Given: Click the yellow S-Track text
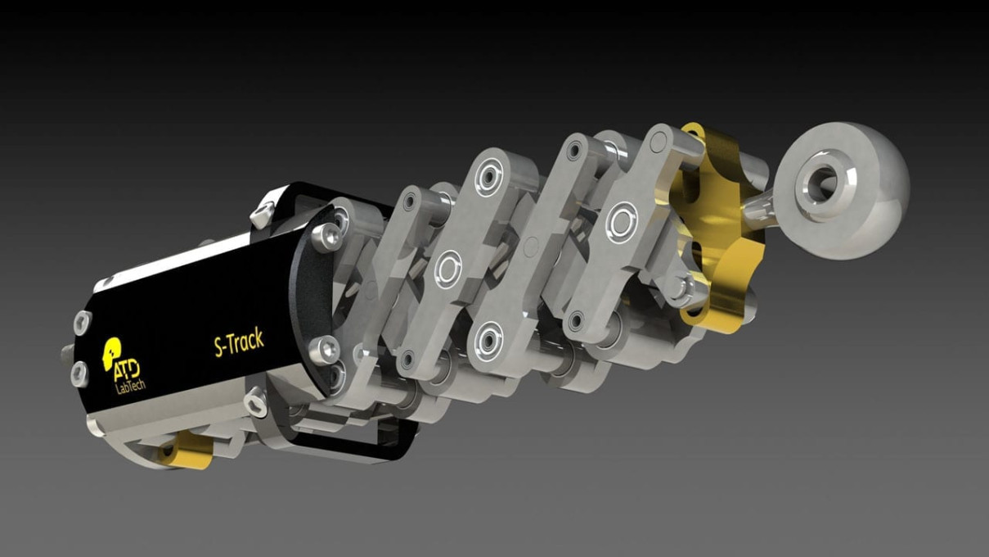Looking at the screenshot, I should point(239,343).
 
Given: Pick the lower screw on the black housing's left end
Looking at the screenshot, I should point(79,374).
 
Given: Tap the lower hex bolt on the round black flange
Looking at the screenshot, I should point(325,349).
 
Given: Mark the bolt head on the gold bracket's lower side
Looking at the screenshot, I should point(678,287).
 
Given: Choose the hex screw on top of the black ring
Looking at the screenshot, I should point(261,215).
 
